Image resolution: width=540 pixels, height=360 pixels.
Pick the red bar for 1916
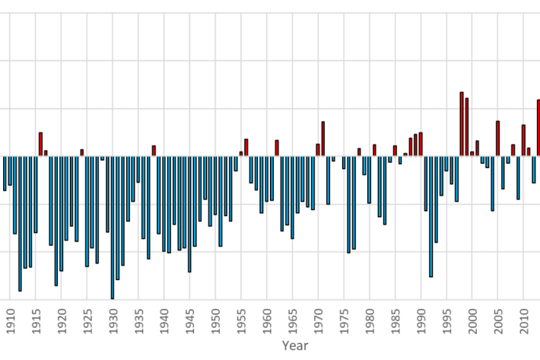coord(40,144)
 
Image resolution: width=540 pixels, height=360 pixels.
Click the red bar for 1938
coord(154,151)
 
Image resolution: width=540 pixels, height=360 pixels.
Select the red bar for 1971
coord(322,139)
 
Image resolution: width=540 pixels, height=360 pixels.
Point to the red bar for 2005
coord(497,138)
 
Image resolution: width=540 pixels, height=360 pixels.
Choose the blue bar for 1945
coord(189,213)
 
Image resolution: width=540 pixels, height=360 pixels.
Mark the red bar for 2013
coord(538,128)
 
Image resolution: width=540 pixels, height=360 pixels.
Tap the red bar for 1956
coord(246,148)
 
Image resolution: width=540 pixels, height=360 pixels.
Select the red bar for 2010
coord(523,140)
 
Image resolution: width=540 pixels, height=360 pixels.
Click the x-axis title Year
coord(294,346)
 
